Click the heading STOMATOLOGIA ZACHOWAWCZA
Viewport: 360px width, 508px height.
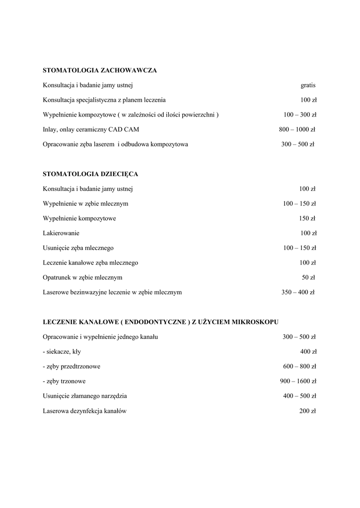click(x=100, y=70)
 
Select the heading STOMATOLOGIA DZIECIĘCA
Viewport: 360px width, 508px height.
click(x=90, y=174)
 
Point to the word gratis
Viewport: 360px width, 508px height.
click(x=308, y=85)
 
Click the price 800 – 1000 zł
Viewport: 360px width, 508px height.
click(x=297, y=129)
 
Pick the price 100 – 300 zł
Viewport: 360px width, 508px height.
click(x=300, y=115)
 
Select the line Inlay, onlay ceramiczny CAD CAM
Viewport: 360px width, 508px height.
click(x=91, y=129)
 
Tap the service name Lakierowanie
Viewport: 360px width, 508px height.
click(x=61, y=233)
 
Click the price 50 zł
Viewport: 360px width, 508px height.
click(x=308, y=277)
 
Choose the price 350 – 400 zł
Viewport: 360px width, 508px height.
click(x=298, y=292)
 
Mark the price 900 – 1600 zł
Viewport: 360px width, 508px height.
click(x=298, y=381)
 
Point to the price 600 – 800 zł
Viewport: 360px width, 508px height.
click(x=299, y=367)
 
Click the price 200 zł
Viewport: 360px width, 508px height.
click(x=307, y=411)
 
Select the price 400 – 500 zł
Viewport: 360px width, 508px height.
click(x=299, y=396)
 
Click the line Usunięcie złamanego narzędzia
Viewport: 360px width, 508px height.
click(x=85, y=396)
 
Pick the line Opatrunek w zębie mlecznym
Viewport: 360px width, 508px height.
click(x=82, y=277)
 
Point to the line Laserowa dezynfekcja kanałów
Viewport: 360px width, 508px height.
click(x=85, y=411)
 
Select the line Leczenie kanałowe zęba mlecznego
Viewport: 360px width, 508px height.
click(x=90, y=262)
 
